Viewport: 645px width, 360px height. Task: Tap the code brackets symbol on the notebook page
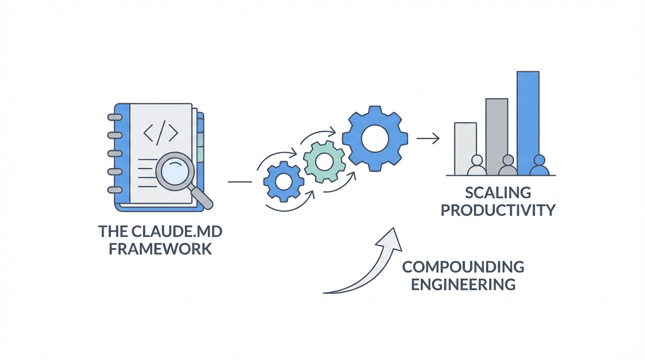pos(161,133)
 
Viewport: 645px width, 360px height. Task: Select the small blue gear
pos(283,181)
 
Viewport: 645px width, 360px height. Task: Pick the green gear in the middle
pos(323,162)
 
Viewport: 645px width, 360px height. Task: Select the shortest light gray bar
pos(465,141)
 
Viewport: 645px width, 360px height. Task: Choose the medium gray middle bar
pos(496,127)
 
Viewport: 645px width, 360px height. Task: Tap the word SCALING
pos(498,193)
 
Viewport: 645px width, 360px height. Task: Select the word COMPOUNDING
pos(463,267)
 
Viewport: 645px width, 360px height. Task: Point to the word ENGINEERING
pos(463,284)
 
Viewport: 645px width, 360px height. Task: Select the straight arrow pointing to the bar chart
pos(427,138)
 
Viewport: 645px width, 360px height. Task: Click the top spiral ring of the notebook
pos(114,118)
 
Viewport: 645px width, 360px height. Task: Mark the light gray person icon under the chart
pos(477,166)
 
